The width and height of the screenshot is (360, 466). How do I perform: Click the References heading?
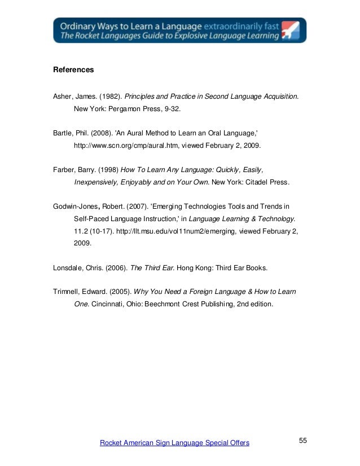[x=73, y=71]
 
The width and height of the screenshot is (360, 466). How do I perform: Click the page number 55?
[x=302, y=440]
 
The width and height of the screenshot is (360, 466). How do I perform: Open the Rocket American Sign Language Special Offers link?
[x=174, y=443]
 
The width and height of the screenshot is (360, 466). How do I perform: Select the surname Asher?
[x=63, y=96]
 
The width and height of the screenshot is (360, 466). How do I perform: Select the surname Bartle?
[x=63, y=134]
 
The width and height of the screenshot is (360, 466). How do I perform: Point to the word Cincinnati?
[x=112, y=304]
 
